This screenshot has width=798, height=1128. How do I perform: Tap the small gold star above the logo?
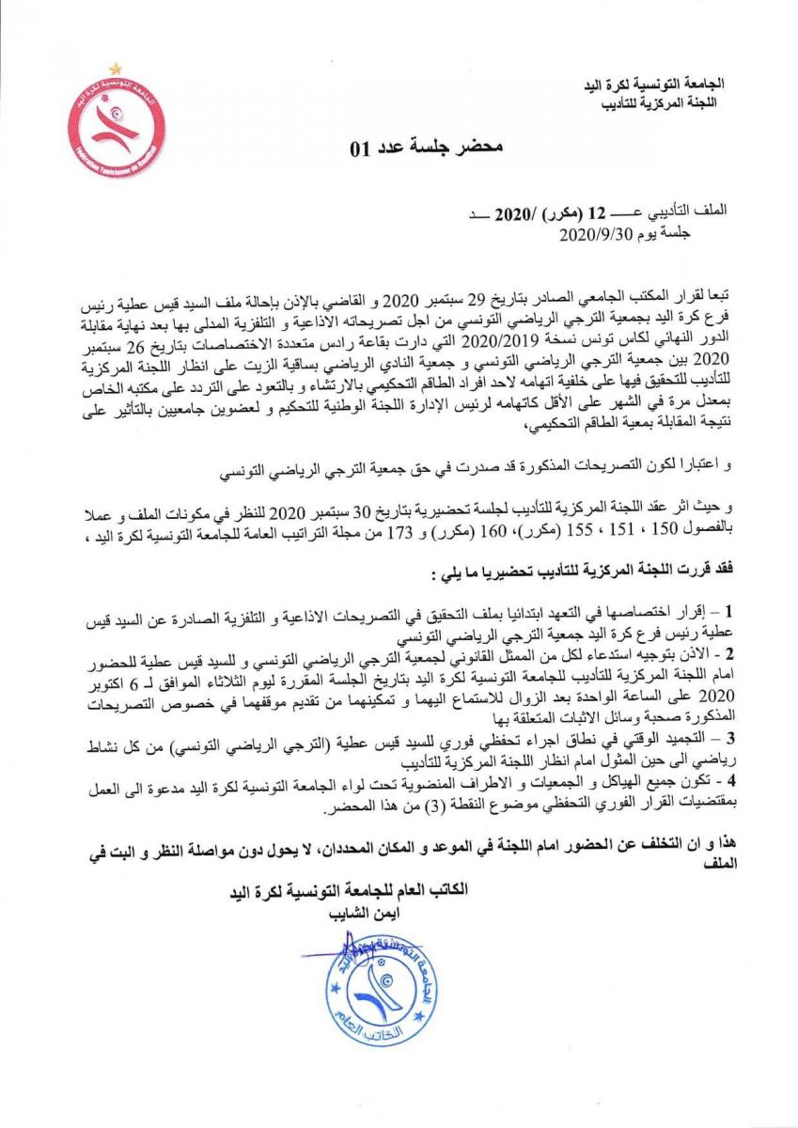tap(113, 68)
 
